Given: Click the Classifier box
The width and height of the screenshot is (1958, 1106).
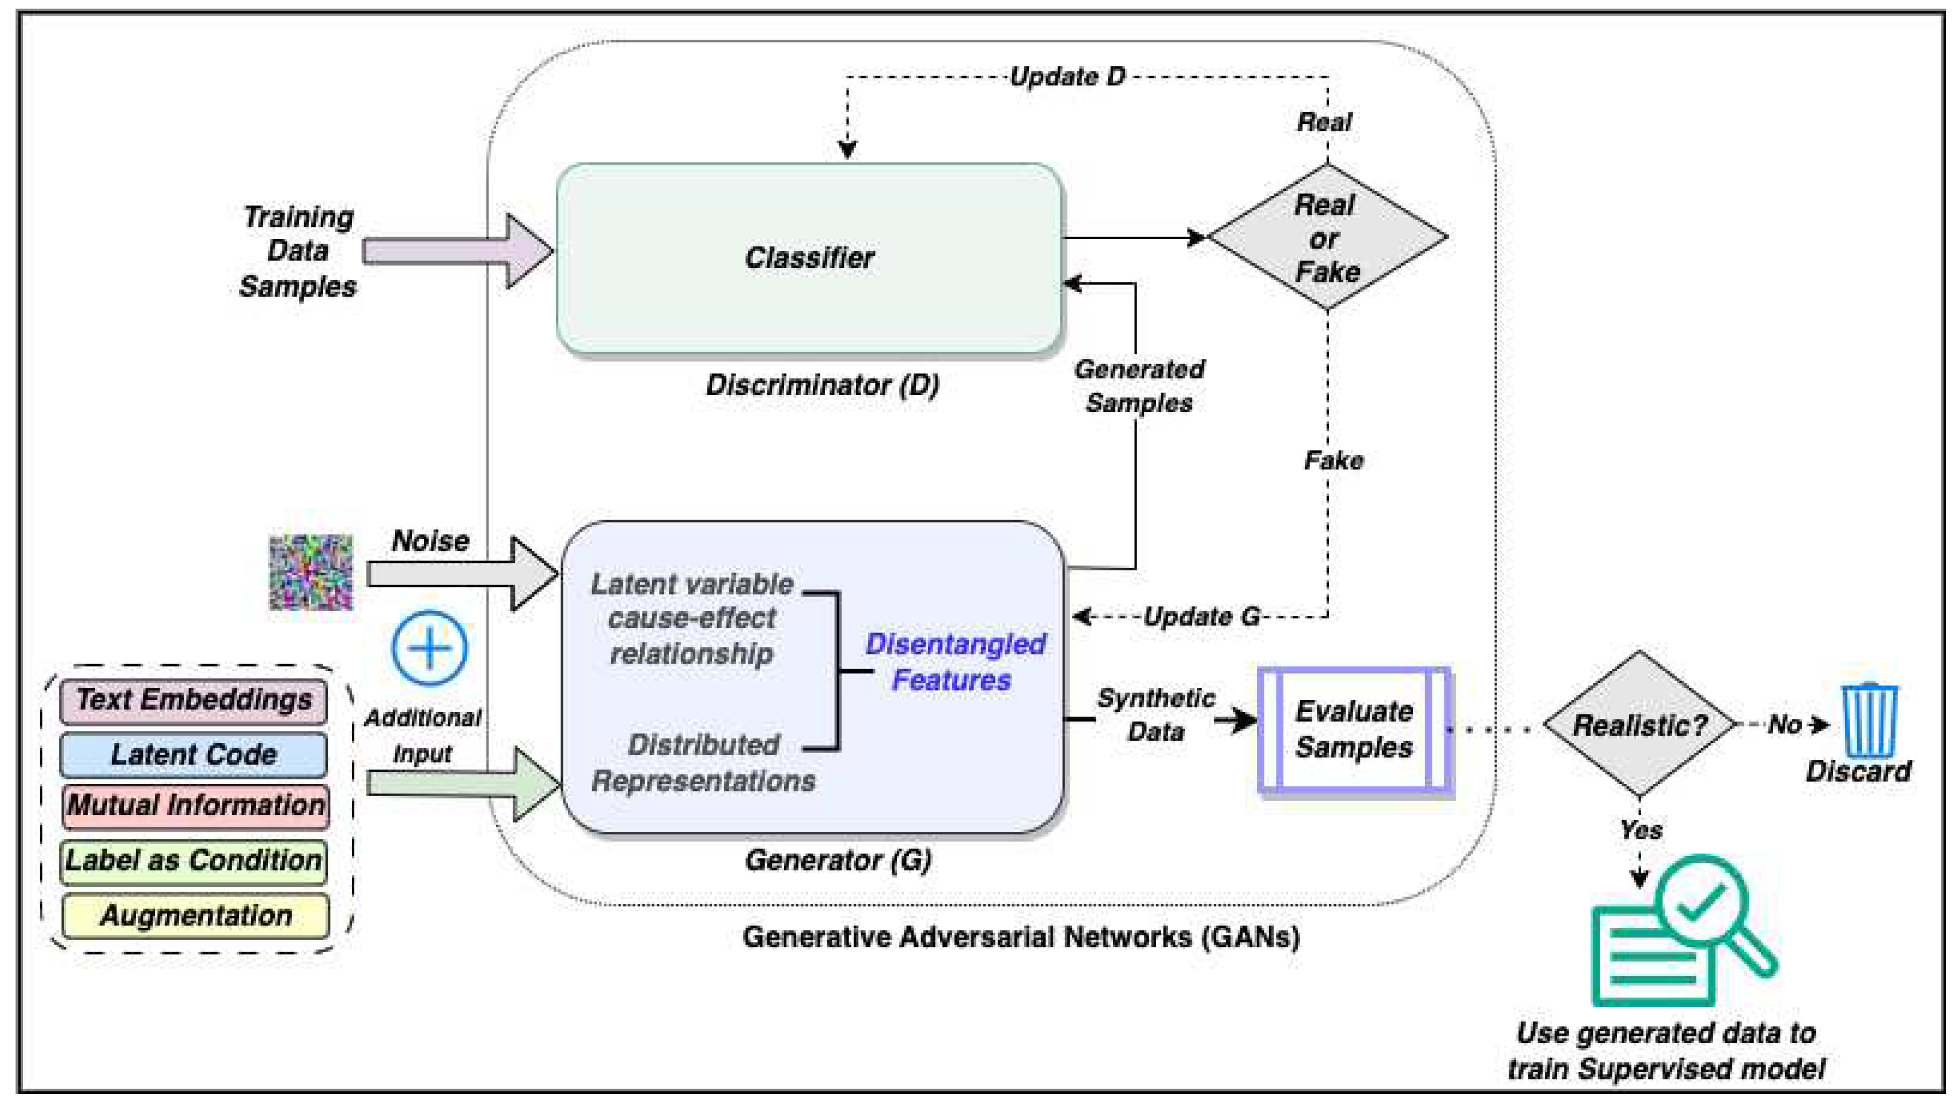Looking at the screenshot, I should point(809,259).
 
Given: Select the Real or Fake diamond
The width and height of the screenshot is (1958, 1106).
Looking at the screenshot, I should point(1327,238).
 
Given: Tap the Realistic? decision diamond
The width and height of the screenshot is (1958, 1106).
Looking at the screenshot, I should point(1639,725).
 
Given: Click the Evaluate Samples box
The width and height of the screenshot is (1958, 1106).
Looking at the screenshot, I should point(1354,730).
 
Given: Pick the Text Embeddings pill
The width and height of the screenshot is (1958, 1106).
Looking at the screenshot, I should point(194,700).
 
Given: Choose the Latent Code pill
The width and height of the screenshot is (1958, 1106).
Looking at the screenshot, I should point(194,755).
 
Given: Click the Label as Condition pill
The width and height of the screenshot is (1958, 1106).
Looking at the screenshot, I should point(194,861).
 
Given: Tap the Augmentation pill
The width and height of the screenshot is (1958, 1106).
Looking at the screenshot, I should point(195,916).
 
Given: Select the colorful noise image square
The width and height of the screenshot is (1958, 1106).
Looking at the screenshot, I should point(311,573).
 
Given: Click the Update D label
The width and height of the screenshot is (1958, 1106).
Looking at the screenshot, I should point(1067,77).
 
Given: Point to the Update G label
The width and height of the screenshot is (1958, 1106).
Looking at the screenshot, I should point(1201,616).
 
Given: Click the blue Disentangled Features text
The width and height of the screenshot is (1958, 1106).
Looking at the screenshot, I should point(954,662).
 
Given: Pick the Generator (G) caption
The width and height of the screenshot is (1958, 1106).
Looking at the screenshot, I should point(838,861).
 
